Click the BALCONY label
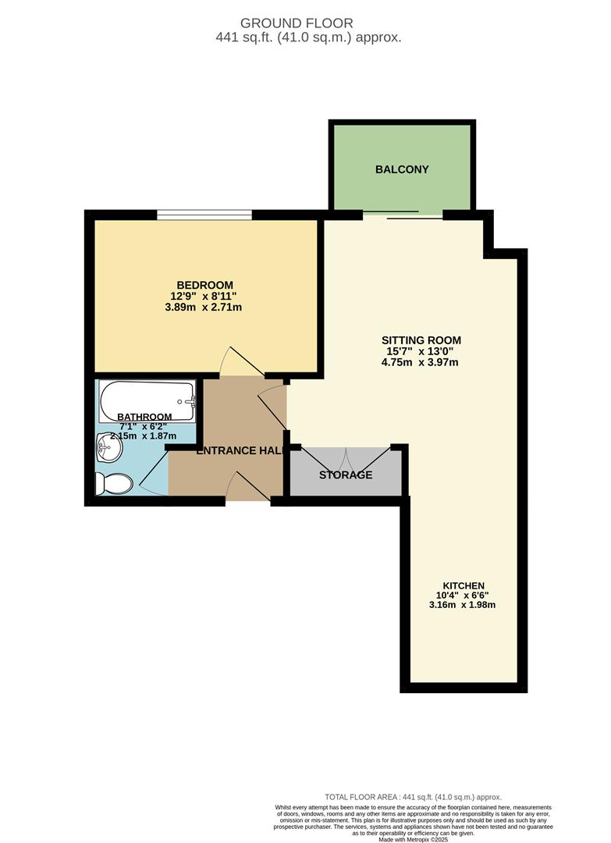click(402, 169)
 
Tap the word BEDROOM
click(204, 285)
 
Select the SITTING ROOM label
click(421, 340)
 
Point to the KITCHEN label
click(464, 586)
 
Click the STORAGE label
click(346, 475)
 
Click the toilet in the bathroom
click(113, 484)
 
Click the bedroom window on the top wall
click(204, 215)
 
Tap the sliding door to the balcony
click(403, 215)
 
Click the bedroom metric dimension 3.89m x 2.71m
click(204, 308)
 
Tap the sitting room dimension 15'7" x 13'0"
click(421, 351)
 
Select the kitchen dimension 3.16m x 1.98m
click(464, 605)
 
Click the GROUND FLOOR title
click(297, 23)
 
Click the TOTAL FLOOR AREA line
click(413, 797)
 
